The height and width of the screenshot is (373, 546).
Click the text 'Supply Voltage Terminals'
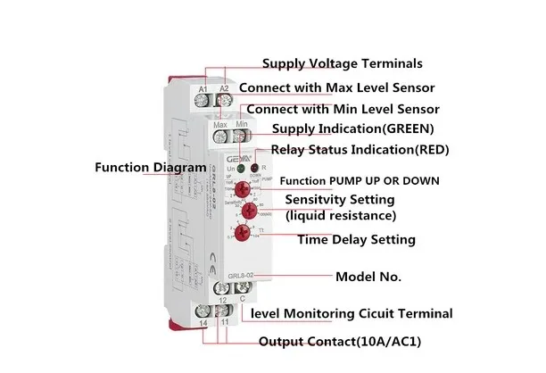(x=342, y=63)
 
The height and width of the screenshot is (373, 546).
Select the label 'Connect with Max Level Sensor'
(x=336, y=87)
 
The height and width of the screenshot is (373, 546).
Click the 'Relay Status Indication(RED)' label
(x=360, y=149)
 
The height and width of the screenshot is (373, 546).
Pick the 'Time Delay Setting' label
(x=357, y=239)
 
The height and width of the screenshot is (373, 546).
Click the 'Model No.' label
(x=368, y=277)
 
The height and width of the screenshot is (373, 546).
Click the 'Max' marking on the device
(x=220, y=125)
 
